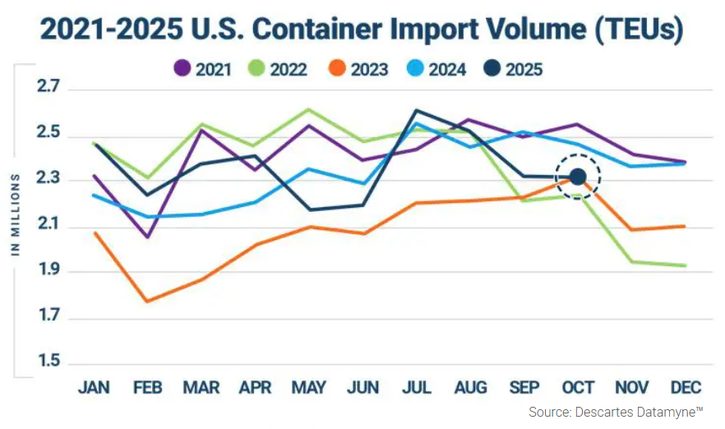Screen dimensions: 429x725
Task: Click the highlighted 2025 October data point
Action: click(x=578, y=177)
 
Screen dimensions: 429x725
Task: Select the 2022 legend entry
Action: click(x=284, y=69)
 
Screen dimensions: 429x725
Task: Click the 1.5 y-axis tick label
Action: click(x=48, y=362)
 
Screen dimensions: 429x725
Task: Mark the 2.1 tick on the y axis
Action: click(x=48, y=226)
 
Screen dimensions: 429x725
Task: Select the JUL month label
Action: click(x=416, y=388)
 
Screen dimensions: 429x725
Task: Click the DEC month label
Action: click(x=685, y=388)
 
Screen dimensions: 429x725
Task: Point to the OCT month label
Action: click(x=577, y=388)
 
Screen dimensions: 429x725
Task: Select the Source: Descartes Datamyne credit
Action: click(x=616, y=412)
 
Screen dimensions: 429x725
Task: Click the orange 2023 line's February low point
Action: click(x=147, y=302)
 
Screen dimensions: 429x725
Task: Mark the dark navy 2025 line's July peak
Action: click(x=416, y=110)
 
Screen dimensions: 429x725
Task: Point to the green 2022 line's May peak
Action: click(x=308, y=108)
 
